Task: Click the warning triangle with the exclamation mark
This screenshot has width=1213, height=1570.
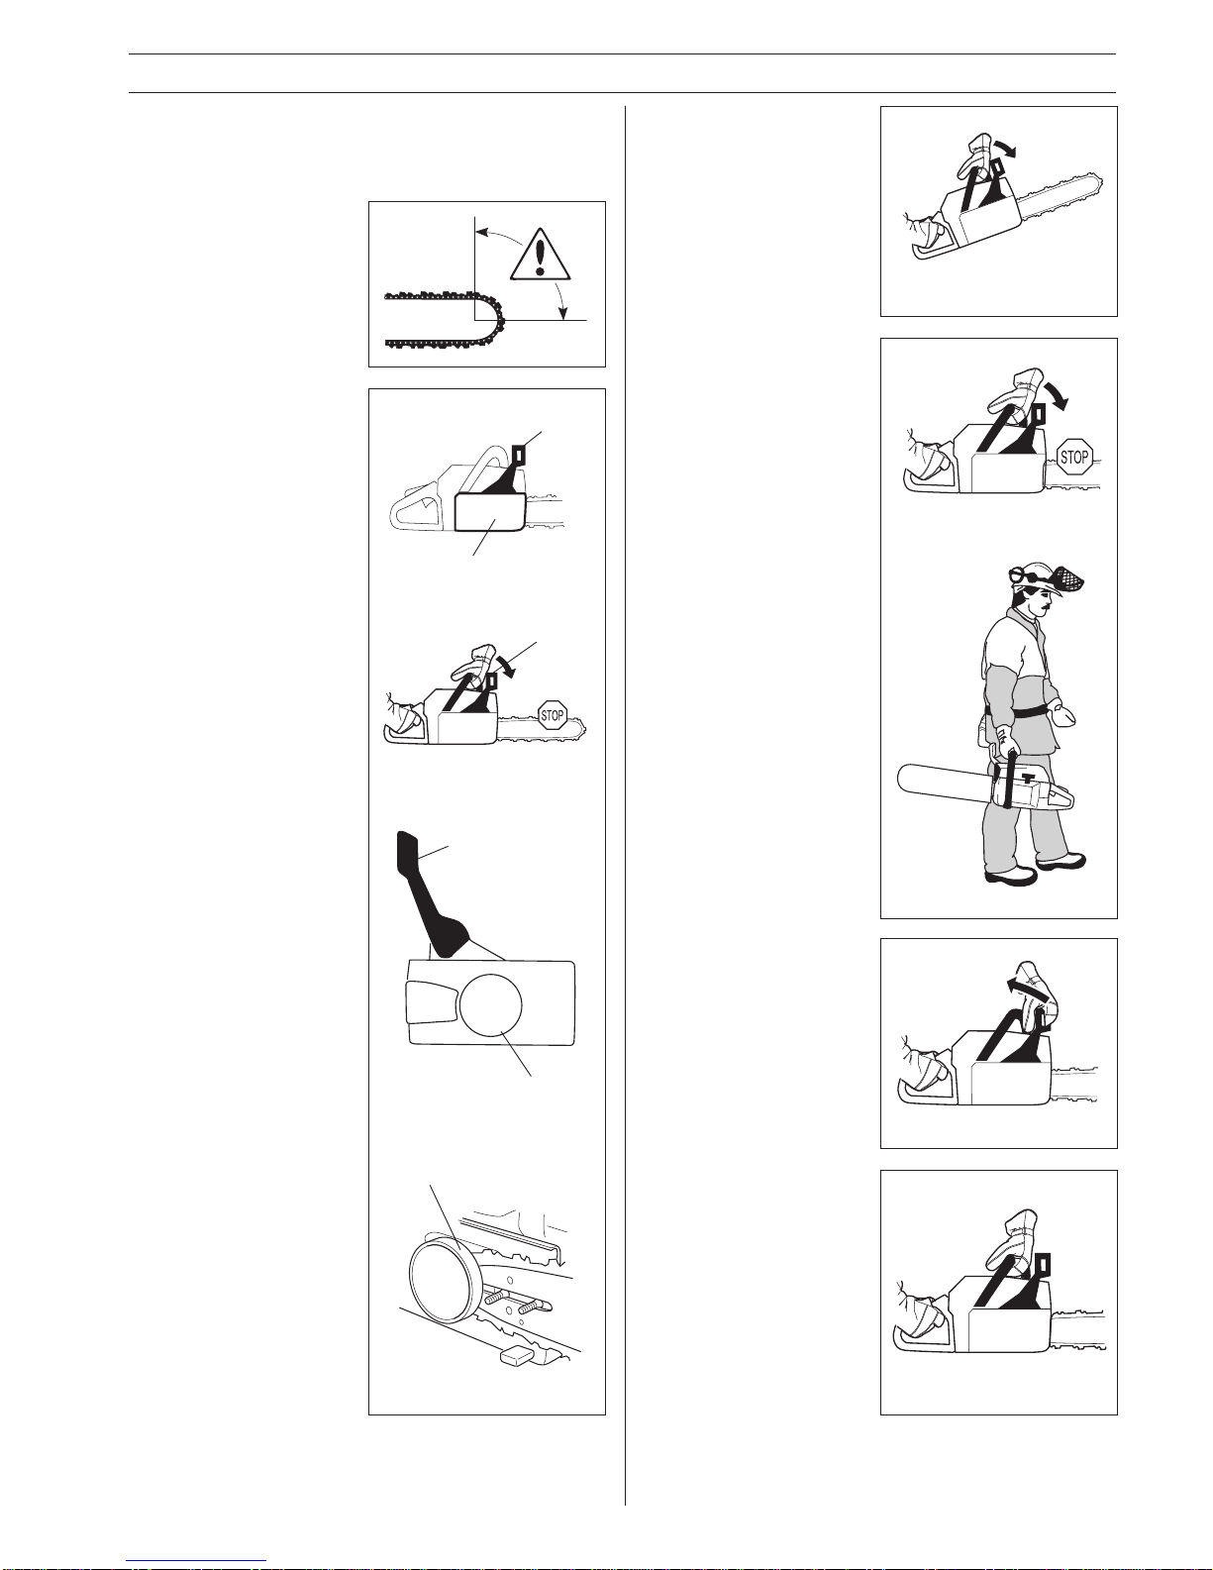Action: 540,254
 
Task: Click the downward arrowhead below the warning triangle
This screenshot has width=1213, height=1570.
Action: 563,312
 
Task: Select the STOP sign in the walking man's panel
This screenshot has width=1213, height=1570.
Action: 1073,457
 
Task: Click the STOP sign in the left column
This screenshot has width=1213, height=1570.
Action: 553,715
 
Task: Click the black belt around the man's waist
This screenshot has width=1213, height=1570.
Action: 1017,711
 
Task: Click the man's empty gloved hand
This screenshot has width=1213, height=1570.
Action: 1061,714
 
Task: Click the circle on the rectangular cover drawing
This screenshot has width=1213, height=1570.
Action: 490,1003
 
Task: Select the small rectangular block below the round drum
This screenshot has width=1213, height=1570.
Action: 518,1356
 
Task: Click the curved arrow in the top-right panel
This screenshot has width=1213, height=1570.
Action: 1003,147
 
